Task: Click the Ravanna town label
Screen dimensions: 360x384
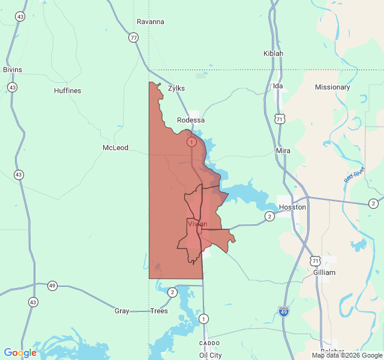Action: coord(150,22)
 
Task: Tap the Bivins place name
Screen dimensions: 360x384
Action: coord(12,70)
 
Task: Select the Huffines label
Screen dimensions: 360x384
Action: coord(67,91)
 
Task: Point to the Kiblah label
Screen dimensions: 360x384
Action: coord(273,53)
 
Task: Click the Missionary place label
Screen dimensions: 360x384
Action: coord(332,87)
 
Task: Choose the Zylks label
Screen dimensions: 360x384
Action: coord(176,88)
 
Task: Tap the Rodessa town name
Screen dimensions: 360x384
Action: coord(191,120)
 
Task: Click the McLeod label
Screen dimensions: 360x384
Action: coord(115,148)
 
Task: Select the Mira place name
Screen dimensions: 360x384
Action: coord(283,151)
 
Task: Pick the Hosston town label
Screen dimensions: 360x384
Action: coord(292,207)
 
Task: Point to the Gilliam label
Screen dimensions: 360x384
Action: coord(324,272)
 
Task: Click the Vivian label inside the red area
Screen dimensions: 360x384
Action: coord(197,224)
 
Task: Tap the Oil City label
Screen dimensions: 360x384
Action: coord(211,355)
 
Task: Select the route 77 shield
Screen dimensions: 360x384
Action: coord(133,38)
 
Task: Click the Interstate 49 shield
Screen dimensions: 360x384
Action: coord(284,311)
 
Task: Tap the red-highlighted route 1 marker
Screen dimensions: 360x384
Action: coord(191,142)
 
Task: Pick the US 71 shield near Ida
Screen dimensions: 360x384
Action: coord(280,119)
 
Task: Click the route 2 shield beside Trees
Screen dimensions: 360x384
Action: coord(172,292)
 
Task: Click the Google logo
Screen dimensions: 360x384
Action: coord(20,353)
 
